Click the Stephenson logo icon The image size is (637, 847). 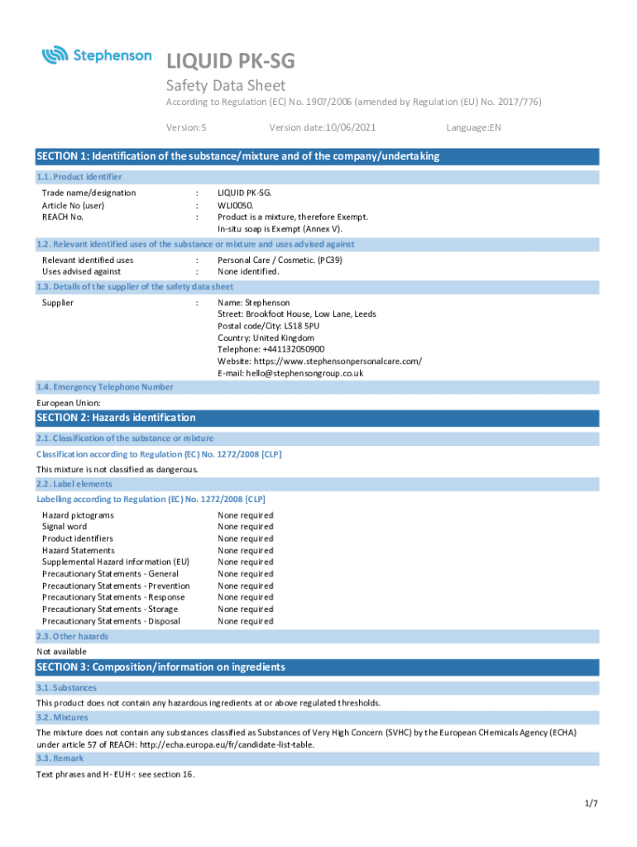click(x=55, y=55)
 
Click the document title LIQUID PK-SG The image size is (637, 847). click(x=230, y=60)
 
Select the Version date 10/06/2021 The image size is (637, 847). click(x=317, y=127)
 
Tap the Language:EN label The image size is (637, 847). click(x=473, y=127)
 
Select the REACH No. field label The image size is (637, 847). click(x=63, y=217)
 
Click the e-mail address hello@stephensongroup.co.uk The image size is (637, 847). click(x=304, y=373)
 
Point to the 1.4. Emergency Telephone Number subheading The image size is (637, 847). click(x=105, y=387)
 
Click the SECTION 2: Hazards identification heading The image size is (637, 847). click(x=117, y=418)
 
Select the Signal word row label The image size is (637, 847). click(x=65, y=527)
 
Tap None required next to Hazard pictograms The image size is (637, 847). click(x=245, y=514)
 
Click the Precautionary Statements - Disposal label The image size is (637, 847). click(x=111, y=621)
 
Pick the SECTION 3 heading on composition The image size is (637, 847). click(x=161, y=668)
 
